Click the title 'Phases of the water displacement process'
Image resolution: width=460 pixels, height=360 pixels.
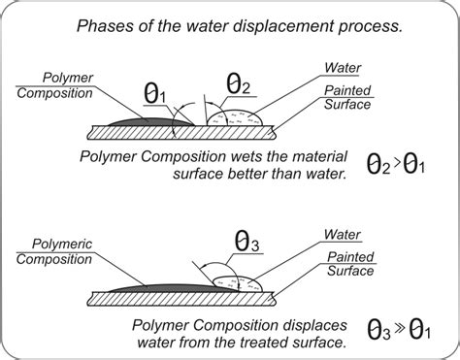(240, 26)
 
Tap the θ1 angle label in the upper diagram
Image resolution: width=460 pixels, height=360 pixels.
(154, 93)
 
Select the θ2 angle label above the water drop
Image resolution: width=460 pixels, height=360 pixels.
(238, 83)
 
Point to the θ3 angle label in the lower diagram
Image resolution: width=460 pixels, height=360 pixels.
(246, 241)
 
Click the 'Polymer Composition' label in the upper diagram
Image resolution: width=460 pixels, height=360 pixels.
(54, 85)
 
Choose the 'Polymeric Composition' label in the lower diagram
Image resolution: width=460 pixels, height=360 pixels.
(54, 251)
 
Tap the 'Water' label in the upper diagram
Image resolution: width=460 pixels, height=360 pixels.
(343, 68)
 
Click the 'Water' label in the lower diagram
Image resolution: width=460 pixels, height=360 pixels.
(343, 235)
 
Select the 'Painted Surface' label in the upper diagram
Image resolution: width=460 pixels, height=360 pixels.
(347, 97)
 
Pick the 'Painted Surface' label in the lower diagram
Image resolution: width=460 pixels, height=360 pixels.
(350, 264)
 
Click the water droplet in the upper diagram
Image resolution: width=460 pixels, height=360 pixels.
(235, 118)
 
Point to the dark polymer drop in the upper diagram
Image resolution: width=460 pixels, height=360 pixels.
(150, 122)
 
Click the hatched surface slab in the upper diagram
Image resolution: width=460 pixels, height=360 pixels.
(181, 133)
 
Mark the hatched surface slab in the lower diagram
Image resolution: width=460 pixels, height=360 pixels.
(181, 299)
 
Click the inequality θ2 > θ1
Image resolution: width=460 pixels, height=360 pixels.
(396, 164)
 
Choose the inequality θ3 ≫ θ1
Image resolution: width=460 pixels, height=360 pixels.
(399, 330)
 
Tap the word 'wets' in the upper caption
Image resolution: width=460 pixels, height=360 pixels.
(246, 156)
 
